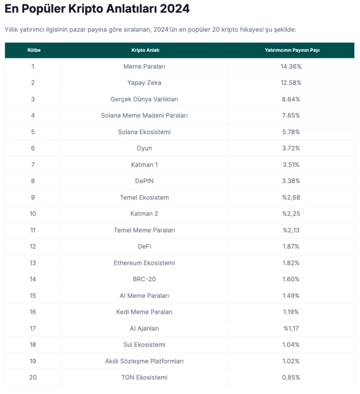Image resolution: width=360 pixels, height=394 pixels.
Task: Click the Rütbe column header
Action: pos(34,50)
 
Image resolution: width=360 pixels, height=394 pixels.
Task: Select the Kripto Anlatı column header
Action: pos(145,50)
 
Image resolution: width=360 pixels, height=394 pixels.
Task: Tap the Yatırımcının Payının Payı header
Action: pos(291,50)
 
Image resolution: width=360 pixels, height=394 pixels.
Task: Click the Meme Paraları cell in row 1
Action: pos(144,66)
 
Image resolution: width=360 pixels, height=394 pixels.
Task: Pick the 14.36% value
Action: pos(291,66)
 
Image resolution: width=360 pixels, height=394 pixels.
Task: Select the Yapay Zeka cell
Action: pos(144,83)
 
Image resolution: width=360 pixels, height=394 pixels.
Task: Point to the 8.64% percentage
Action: pos(291,99)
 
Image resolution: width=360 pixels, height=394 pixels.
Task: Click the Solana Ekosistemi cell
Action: pos(144,132)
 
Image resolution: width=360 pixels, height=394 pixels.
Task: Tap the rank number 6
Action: pos(33,148)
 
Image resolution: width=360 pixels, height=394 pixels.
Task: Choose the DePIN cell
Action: pos(144,181)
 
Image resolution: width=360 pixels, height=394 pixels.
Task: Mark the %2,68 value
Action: pos(291,198)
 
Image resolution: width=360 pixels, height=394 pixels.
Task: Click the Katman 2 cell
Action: pos(144,214)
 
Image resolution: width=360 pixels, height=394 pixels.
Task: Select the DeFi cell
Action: pos(144,247)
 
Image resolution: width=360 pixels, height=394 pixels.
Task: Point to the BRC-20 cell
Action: pos(144,279)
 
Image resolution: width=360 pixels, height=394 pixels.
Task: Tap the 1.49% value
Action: pos(291,296)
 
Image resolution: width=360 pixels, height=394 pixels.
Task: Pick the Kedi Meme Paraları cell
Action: pos(144,312)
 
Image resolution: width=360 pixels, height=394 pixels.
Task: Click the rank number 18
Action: pos(33,345)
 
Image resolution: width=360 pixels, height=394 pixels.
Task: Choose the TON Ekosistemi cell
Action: pos(144,377)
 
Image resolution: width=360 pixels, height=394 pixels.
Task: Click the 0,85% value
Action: pos(291,377)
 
